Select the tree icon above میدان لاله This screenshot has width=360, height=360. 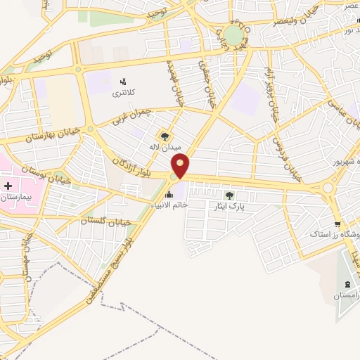click(165, 136)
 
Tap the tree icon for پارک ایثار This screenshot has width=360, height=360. click(229, 195)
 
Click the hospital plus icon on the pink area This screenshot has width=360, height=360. click(8, 186)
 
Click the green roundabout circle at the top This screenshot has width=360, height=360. click(234, 34)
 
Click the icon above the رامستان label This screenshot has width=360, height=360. click(348, 284)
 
